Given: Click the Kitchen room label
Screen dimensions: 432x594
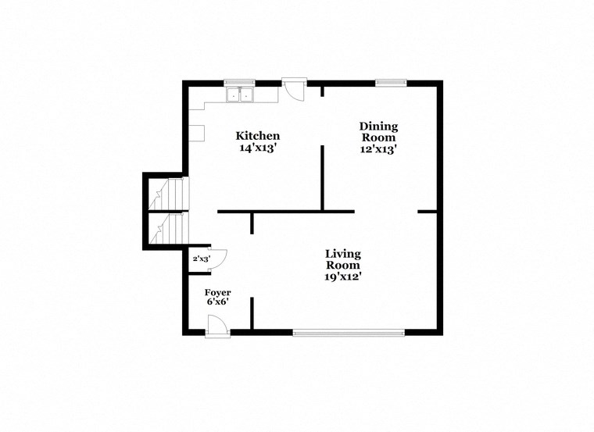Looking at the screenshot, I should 258,136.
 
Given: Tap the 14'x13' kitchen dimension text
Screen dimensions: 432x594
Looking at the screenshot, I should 258,148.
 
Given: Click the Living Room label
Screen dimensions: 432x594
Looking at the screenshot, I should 343,259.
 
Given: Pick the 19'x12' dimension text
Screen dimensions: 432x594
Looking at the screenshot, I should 343,276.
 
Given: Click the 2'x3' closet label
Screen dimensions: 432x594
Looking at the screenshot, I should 201,259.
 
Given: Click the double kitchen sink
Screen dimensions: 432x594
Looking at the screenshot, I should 241,95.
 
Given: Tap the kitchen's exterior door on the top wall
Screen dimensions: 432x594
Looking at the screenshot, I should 294,88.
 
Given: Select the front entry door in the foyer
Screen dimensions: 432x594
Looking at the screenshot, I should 217,325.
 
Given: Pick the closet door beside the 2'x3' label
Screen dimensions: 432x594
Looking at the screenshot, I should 218,259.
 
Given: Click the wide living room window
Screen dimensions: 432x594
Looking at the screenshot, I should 349,332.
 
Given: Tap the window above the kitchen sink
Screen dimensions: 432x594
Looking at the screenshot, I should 240,82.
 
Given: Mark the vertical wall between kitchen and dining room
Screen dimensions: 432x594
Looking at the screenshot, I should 322,177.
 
